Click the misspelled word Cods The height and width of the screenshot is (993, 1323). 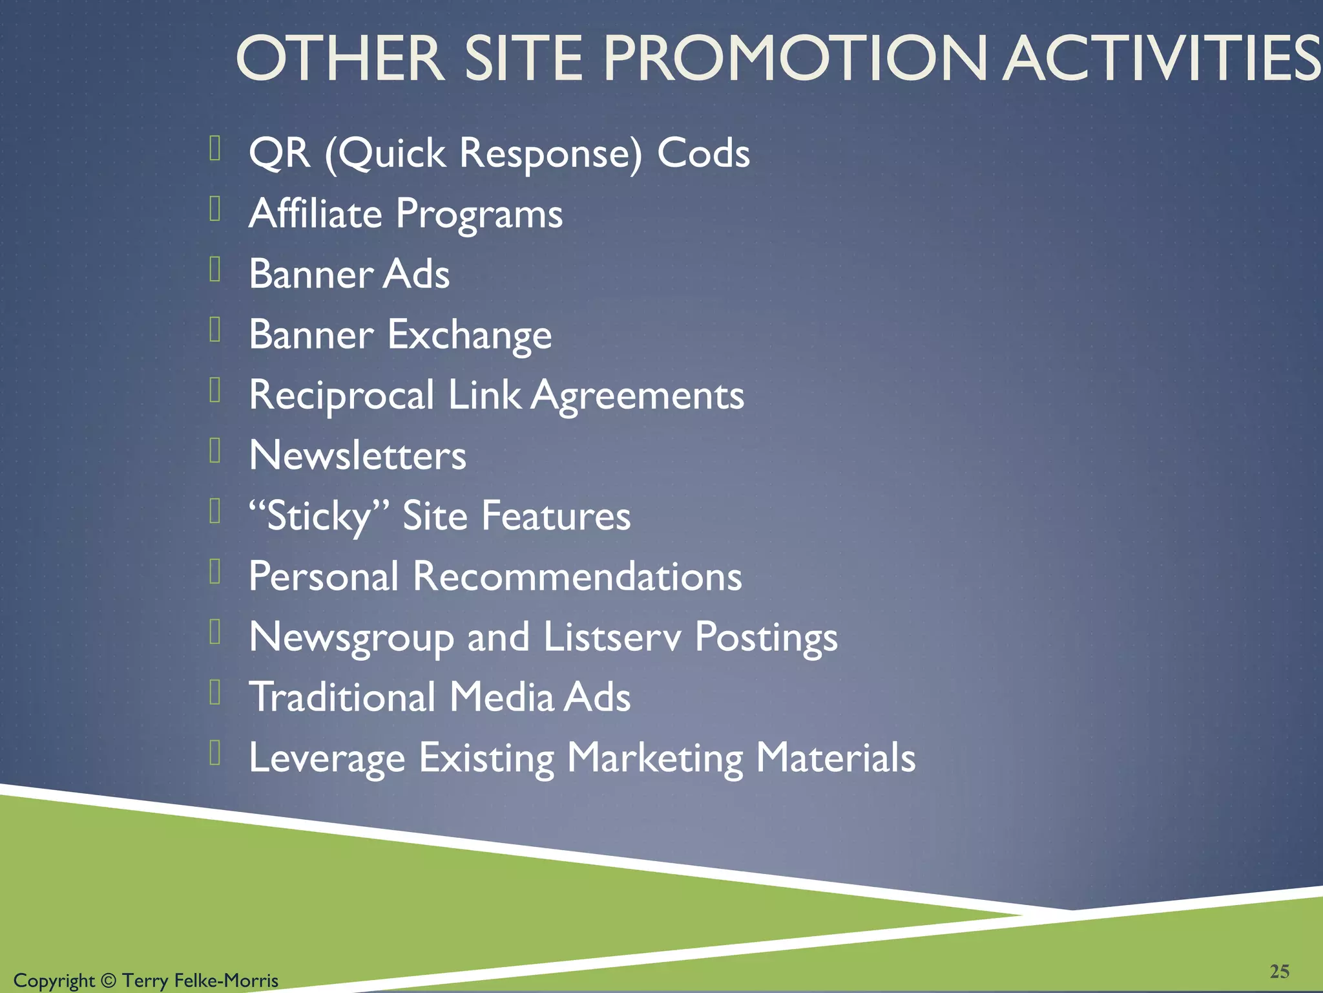pyautogui.click(x=703, y=153)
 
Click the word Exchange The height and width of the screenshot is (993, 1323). pyautogui.click(x=470, y=335)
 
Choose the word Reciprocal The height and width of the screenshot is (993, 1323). pyautogui.click(x=341, y=395)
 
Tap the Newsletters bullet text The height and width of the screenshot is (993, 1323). pyautogui.click(x=357, y=455)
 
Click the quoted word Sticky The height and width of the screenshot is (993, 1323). pyautogui.click(x=319, y=517)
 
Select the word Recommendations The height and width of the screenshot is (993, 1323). pyautogui.click(x=577, y=576)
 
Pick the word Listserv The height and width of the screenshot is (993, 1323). pyautogui.click(x=612, y=637)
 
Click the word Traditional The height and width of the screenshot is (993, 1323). pyautogui.click(x=342, y=697)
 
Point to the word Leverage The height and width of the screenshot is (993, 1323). pyautogui.click(x=327, y=758)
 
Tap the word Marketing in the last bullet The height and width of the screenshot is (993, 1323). pyautogui.click(x=655, y=758)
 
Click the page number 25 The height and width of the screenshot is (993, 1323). pyautogui.click(x=1280, y=971)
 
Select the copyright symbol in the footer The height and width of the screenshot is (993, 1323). pyautogui.click(x=109, y=981)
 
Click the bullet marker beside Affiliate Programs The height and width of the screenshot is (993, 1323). pyautogui.click(x=216, y=209)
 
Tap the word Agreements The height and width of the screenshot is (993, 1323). pyautogui.click(x=638, y=395)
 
